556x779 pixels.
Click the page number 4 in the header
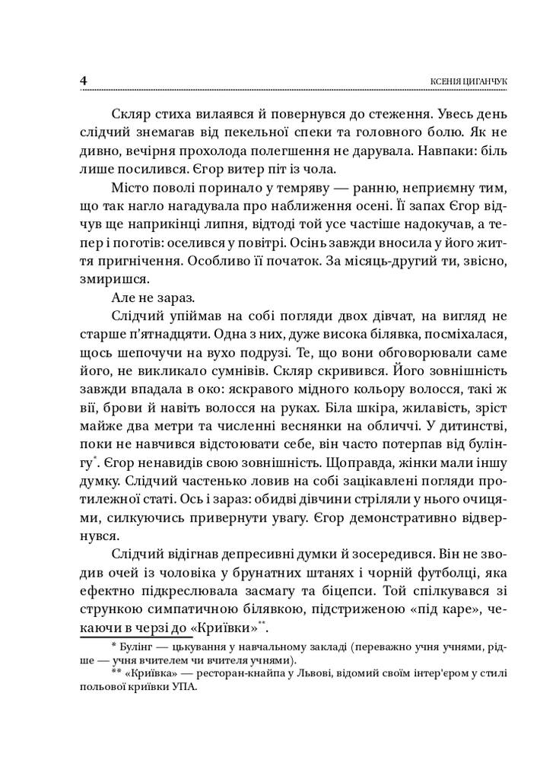click(x=83, y=80)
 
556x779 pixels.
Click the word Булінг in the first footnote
click(x=139, y=647)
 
